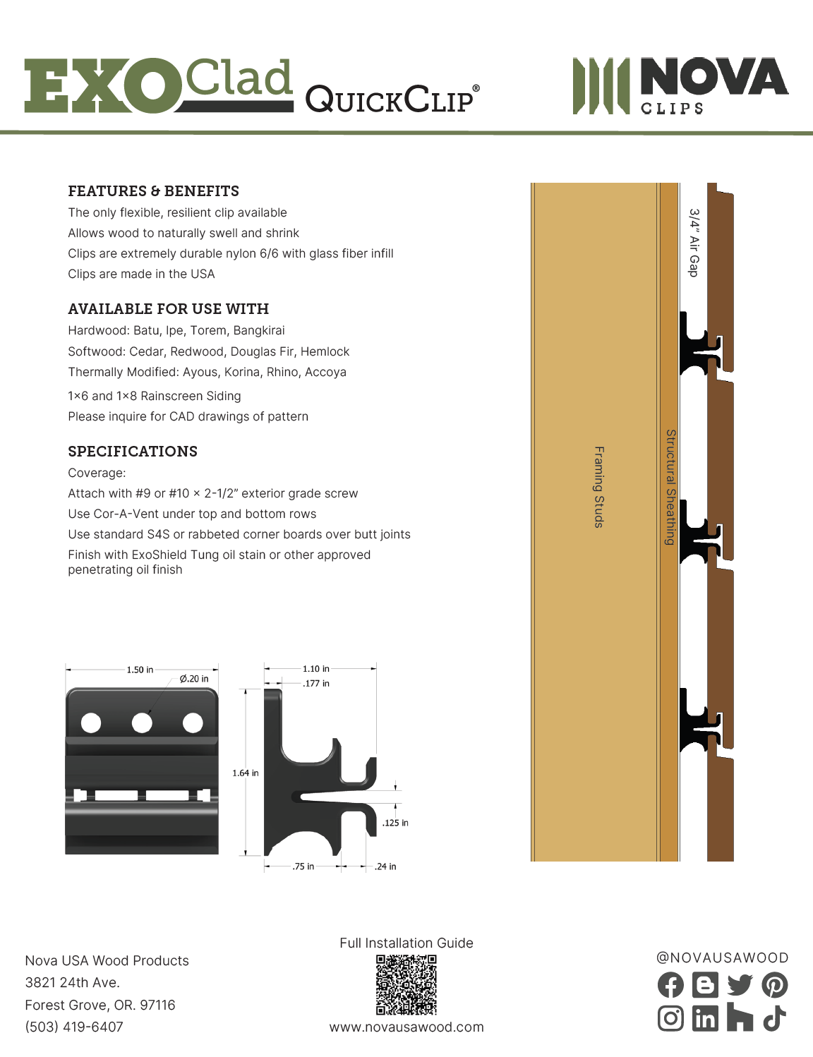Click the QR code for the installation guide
(406, 984)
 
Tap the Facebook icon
(670, 985)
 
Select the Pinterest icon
(775, 985)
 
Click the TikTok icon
(775, 1018)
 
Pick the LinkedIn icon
(705, 1018)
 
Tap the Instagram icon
(670, 1018)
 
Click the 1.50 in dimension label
(140, 670)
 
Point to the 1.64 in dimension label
(246, 773)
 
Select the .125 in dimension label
(395, 823)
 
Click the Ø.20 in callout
(194, 679)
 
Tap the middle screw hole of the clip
(142, 723)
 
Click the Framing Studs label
(598, 487)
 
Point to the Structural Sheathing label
(670, 487)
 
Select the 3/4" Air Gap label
(694, 243)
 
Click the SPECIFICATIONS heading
(133, 452)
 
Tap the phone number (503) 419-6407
(74, 1027)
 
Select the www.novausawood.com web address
(406, 1027)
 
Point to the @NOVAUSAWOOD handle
(723, 958)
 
